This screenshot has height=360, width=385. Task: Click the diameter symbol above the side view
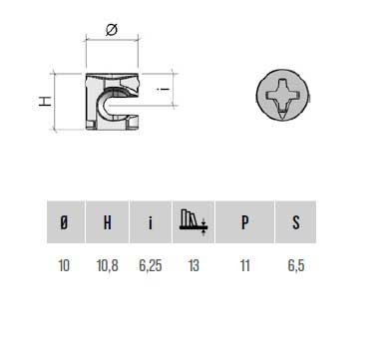[x=112, y=30]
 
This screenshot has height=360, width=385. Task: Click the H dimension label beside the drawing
[x=45, y=101]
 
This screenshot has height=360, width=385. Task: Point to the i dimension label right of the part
[x=164, y=89]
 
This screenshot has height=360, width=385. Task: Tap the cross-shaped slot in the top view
[x=282, y=96]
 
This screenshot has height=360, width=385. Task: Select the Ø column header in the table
[x=64, y=222]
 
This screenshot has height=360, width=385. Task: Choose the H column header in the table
[x=108, y=222]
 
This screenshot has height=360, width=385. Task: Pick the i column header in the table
[x=151, y=222]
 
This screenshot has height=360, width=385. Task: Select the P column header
[x=244, y=222]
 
